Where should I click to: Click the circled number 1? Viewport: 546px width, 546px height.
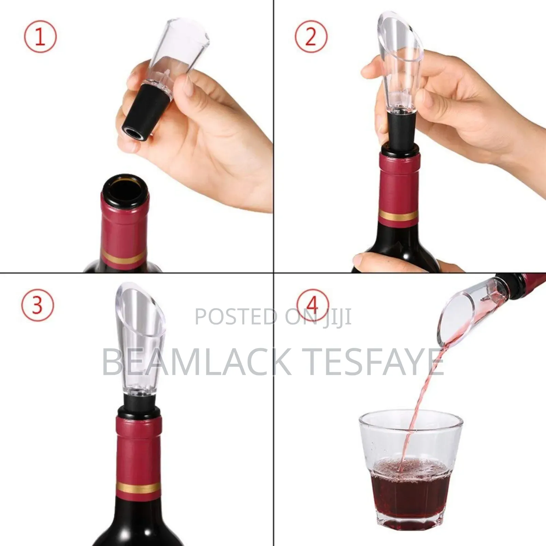click(40, 37)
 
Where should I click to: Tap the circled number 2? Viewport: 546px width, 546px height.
click(311, 37)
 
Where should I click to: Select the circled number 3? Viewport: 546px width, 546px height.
click(38, 305)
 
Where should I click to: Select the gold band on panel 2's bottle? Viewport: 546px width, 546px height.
click(398, 216)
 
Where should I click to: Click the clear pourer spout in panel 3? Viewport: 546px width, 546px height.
click(138, 341)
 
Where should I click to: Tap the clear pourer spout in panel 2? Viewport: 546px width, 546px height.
click(399, 61)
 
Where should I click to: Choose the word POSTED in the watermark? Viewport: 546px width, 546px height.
click(235, 317)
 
